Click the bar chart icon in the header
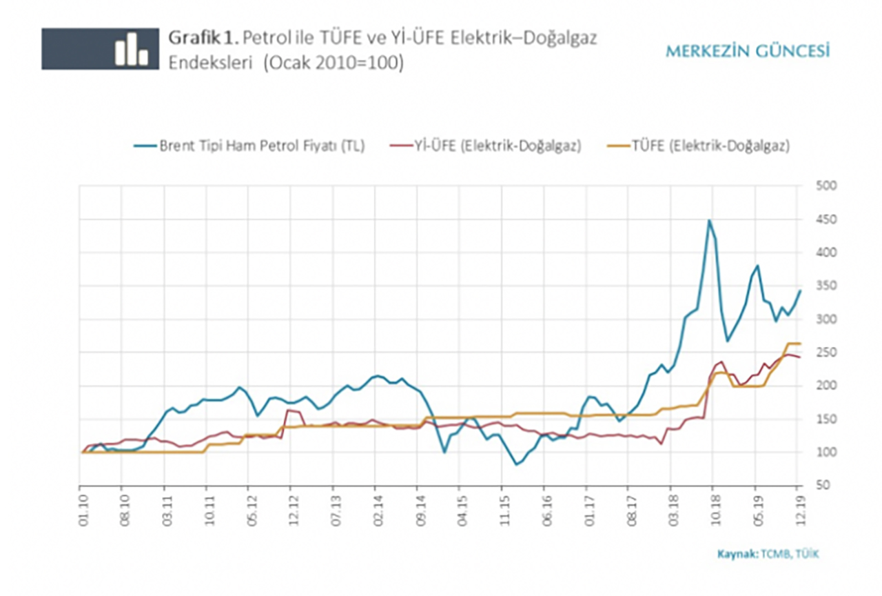132,49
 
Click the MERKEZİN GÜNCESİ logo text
748,51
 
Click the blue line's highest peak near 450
709,221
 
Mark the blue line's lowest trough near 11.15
517,464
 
